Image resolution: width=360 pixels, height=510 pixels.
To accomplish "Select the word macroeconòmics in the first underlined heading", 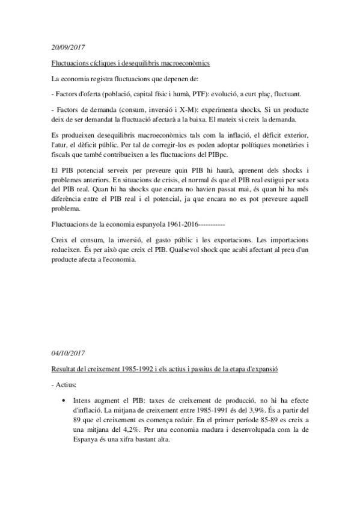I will (183, 63).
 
